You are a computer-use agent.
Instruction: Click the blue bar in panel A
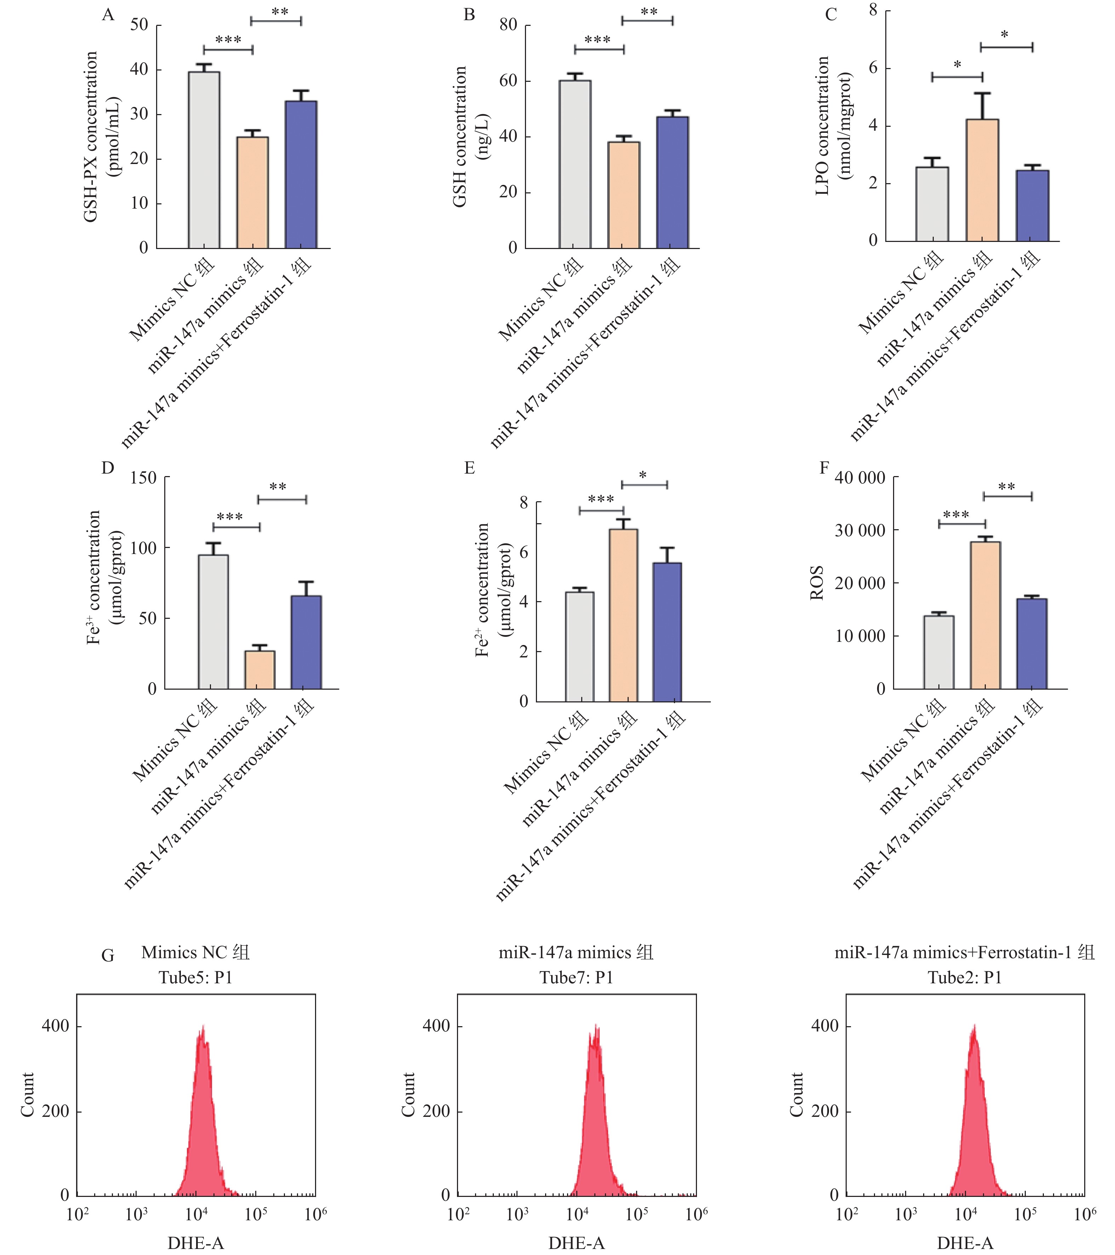click(301, 175)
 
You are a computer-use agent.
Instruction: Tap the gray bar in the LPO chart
click(932, 204)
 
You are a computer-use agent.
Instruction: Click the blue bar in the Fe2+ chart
click(667, 632)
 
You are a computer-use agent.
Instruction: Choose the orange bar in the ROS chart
click(985, 615)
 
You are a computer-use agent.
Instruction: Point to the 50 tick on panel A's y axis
click(140, 25)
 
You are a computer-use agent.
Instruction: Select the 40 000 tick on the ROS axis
click(859, 478)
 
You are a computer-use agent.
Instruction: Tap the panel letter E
click(469, 469)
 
